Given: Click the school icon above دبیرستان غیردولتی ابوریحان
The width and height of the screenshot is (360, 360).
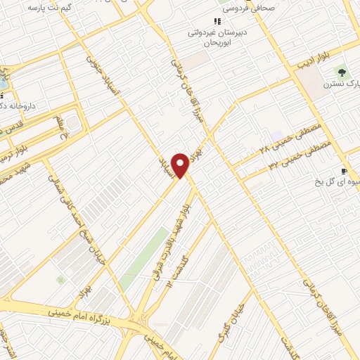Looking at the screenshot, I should (217, 22).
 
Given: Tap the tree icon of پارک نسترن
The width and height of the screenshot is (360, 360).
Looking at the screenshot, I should (342, 72).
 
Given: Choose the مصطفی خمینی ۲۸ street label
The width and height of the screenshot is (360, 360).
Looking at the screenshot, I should (289, 139).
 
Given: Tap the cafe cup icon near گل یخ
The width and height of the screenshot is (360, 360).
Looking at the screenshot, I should (344, 171).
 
